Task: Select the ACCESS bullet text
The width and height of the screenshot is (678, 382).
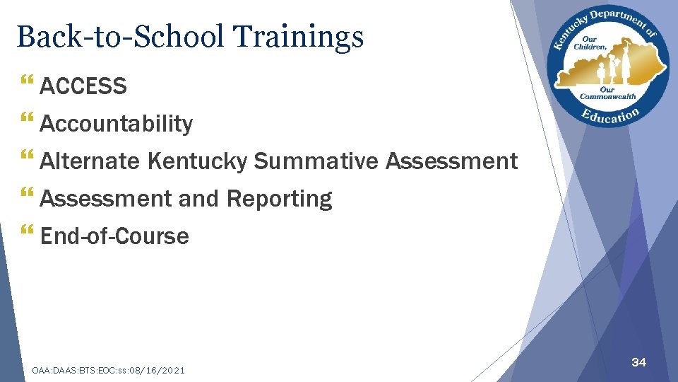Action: (83, 86)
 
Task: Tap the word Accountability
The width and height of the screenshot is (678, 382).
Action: (116, 124)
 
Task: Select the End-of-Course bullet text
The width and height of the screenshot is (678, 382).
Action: (114, 236)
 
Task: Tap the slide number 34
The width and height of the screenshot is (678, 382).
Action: (638, 362)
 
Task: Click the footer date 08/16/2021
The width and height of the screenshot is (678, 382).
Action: (158, 370)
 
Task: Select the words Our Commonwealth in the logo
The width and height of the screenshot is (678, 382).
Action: (607, 93)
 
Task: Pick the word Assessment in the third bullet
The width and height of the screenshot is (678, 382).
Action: (451, 161)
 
